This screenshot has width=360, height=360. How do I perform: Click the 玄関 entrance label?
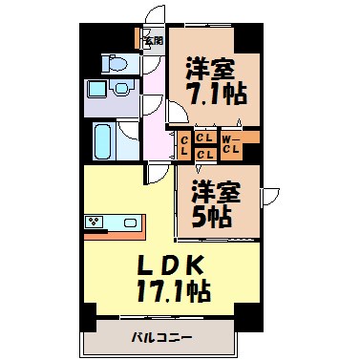point(153,40)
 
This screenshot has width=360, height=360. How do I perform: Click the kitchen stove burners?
point(95,222)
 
